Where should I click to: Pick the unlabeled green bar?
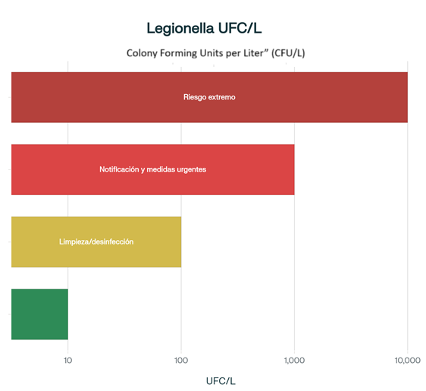(x=39, y=314)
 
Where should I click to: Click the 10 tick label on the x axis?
(x=68, y=359)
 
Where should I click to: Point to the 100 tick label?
(x=181, y=359)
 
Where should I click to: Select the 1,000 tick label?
(x=293, y=359)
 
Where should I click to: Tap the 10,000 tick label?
(x=406, y=359)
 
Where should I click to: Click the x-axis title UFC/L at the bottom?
(x=221, y=379)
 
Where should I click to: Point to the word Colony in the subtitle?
(x=142, y=53)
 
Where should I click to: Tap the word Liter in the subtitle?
(x=256, y=53)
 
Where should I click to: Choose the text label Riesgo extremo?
(x=209, y=97)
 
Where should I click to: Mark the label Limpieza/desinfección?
(x=96, y=241)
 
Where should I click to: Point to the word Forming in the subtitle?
(x=179, y=53)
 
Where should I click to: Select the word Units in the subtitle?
(x=211, y=53)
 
